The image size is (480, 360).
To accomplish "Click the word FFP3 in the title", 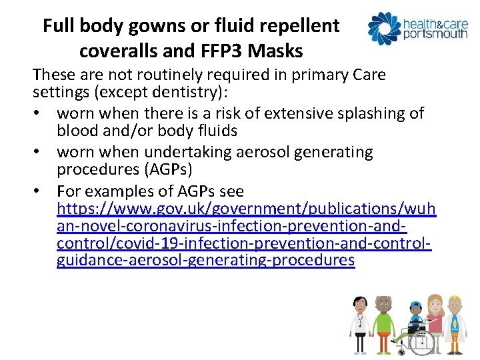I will click(226, 51).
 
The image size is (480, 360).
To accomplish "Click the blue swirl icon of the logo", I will click(384, 27).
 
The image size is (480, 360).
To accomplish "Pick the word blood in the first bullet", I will click(77, 131).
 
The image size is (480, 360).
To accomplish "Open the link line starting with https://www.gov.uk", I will click(246, 210).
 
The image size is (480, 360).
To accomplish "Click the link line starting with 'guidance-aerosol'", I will click(205, 260).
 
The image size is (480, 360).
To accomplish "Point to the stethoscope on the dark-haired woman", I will click(360, 321).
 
